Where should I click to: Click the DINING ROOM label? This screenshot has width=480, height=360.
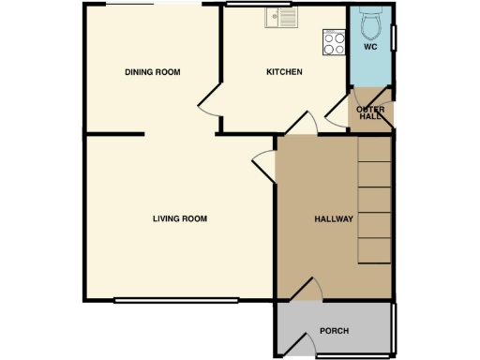click(152, 72)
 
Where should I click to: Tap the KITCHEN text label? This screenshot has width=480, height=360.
click(284, 72)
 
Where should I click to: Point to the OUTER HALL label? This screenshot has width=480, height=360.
click(370, 112)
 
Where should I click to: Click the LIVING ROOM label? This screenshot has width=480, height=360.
click(179, 218)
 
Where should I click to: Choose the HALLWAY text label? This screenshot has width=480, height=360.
click(333, 219)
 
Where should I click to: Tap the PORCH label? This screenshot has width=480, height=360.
click(334, 330)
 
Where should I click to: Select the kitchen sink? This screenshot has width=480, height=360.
click(280, 16)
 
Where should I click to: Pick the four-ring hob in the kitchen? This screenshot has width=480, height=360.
click(334, 41)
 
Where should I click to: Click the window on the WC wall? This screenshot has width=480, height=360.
click(395, 37)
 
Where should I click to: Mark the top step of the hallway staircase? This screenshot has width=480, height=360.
click(374, 149)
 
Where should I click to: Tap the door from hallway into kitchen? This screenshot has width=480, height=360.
click(303, 123)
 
